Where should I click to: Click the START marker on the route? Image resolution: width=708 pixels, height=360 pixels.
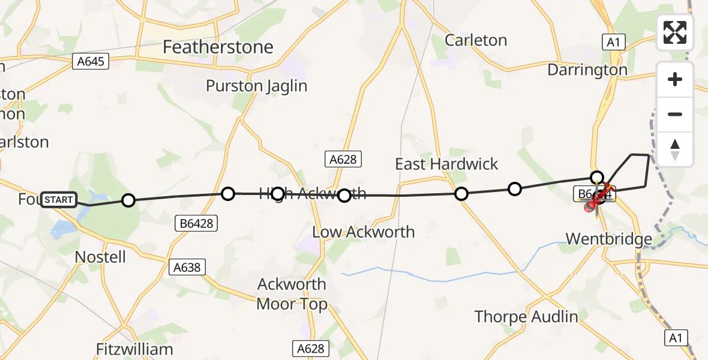(59, 199)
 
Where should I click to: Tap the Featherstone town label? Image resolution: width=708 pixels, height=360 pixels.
(218, 47)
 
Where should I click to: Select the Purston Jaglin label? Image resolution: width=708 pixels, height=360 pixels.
(256, 86)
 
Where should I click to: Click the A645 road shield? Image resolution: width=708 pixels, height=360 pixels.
(91, 61)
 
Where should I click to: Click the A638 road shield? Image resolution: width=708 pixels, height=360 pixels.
(187, 267)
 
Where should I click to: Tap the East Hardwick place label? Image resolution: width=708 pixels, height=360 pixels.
(446, 164)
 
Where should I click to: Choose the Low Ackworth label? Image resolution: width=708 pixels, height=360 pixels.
(364, 232)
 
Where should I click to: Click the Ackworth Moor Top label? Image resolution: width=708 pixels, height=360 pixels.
(292, 294)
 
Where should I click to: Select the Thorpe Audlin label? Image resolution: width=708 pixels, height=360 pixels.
(526, 316)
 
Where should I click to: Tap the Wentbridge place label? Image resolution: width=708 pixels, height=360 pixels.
(609, 240)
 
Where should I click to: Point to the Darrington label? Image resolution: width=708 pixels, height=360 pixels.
(587, 70)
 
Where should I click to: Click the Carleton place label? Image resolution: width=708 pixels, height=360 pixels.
(476, 40)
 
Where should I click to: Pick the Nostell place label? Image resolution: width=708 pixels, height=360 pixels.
(100, 257)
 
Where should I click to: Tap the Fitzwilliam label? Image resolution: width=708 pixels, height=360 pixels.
(134, 349)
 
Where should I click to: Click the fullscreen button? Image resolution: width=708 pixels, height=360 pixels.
(675, 32)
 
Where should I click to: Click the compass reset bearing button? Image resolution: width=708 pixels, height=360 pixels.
(675, 149)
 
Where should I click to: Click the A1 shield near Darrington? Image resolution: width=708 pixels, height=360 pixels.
(613, 41)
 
